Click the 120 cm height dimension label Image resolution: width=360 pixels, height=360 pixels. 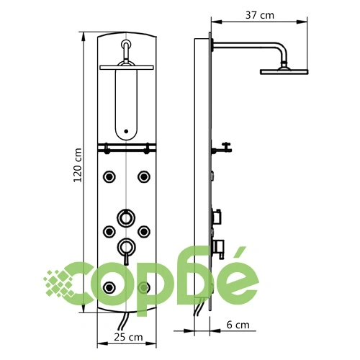point(78,165)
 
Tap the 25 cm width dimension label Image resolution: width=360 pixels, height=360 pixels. point(128,337)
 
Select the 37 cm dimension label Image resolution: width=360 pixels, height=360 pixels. point(259,15)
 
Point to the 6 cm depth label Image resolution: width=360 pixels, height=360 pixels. point(238,325)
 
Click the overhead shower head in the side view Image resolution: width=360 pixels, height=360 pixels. point(284,71)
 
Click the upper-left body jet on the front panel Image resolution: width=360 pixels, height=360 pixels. point(109,176)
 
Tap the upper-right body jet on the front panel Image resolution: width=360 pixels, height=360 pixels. point(144,176)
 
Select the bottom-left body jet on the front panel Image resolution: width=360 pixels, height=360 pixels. point(109,287)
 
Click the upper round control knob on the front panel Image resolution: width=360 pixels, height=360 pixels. point(126,217)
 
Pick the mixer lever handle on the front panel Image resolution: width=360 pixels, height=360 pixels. point(126,259)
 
